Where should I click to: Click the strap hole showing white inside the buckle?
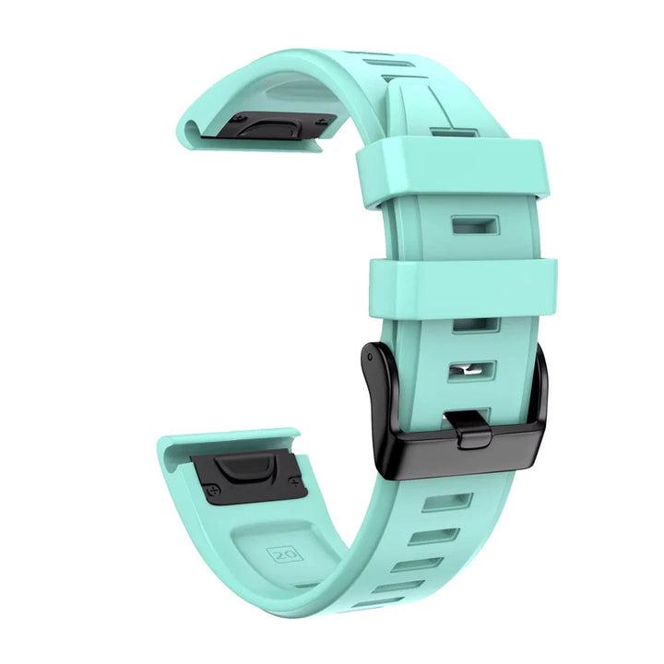pos(471,370)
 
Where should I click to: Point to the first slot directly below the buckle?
pos(448,503)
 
